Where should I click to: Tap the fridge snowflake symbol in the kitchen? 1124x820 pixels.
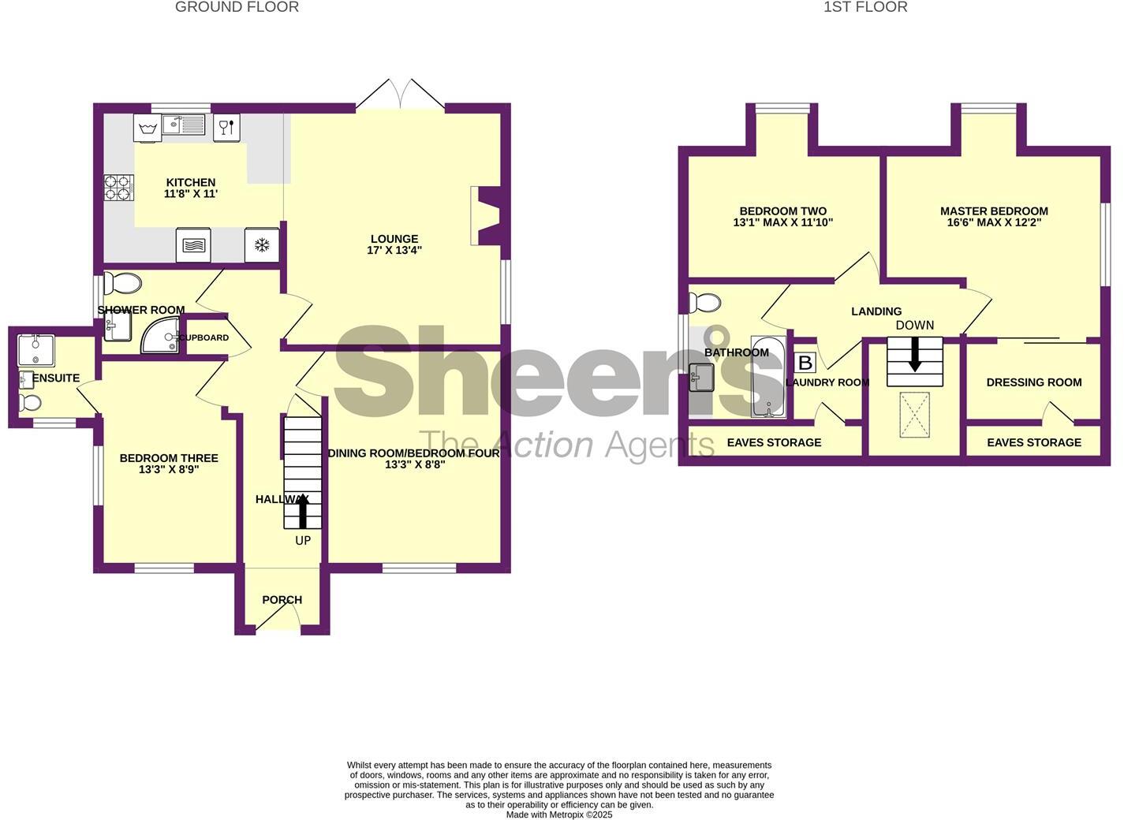pos(261,245)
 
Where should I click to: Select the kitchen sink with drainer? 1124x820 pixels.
pos(183,125)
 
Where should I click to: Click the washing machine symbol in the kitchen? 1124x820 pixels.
pos(148,126)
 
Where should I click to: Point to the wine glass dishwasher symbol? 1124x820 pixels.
pos(226,126)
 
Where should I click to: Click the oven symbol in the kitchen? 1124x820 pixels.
pos(193,245)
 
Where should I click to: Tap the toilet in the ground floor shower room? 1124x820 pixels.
pos(122,282)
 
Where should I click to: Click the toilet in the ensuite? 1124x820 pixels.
pos(31,403)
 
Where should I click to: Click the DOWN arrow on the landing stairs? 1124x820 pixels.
pos(915,354)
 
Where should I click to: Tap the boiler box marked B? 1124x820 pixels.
pos(805,363)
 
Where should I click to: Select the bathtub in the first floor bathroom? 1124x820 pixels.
pos(767,377)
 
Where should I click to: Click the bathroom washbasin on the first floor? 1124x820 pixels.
pos(700,377)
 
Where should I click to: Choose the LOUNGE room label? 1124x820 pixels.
pos(394,239)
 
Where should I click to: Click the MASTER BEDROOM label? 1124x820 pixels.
pos(994,211)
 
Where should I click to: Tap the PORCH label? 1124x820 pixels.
pos(282,600)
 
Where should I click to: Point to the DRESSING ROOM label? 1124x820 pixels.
pos(1033,382)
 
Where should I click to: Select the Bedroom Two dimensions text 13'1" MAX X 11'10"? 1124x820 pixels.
pos(782,223)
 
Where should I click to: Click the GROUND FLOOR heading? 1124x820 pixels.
pos(237,7)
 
